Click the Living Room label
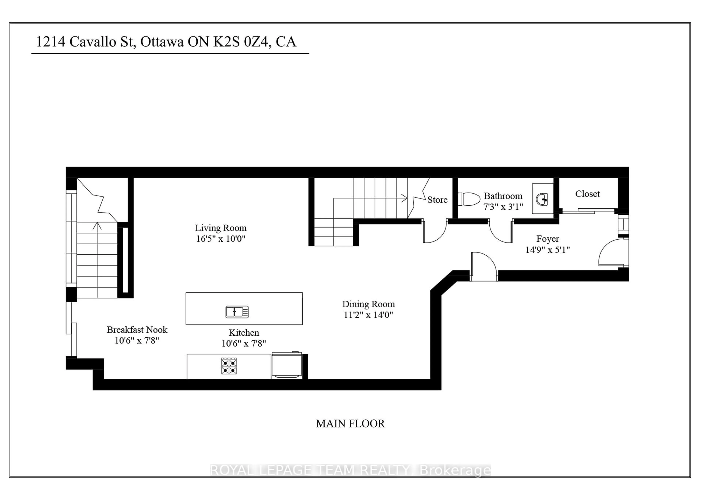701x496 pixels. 221,228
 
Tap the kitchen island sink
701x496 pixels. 237,312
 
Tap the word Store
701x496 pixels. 437,200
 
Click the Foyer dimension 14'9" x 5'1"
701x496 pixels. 547,250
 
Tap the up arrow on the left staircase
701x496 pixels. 97,226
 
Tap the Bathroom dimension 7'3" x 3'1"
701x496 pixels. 503,207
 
